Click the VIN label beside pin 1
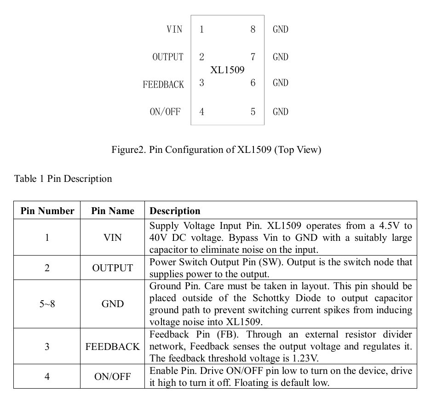pos(174,29)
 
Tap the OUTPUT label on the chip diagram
pos(168,57)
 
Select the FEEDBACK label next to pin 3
pos(163,85)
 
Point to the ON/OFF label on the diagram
pos(165,112)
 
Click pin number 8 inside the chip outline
pos(253,29)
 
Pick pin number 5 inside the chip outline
pos(253,112)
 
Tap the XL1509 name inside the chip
pos(227,70)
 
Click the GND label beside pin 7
pos(281,57)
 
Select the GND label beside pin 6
pos(281,83)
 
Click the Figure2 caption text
pos(216,150)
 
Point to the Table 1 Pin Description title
pos(63,179)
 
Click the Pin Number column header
pos(47,211)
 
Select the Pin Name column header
pos(113,211)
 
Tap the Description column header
pos(175,211)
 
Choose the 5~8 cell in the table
pos(47,304)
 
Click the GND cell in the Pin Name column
pos(113,304)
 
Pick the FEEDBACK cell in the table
pos(113,346)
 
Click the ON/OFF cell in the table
pos(113,377)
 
